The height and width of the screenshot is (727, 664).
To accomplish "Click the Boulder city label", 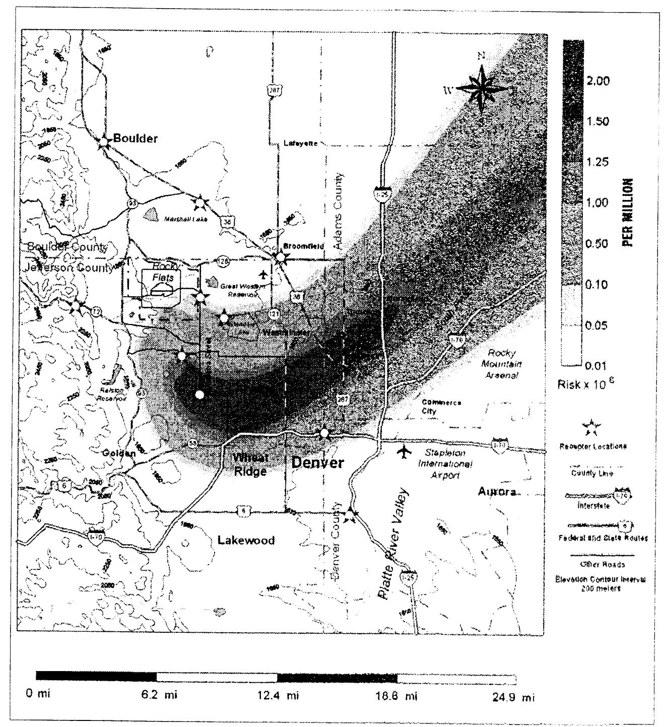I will (x=135, y=138).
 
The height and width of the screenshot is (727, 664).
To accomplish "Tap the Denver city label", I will (x=317, y=462).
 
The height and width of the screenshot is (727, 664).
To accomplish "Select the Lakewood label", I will (x=246, y=541).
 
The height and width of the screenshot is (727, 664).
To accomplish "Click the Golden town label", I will (x=119, y=453).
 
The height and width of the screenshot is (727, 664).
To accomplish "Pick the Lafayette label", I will (x=300, y=143).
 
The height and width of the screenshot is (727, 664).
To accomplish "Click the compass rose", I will (x=482, y=89).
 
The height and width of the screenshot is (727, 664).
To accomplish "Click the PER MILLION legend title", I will (x=628, y=212).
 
